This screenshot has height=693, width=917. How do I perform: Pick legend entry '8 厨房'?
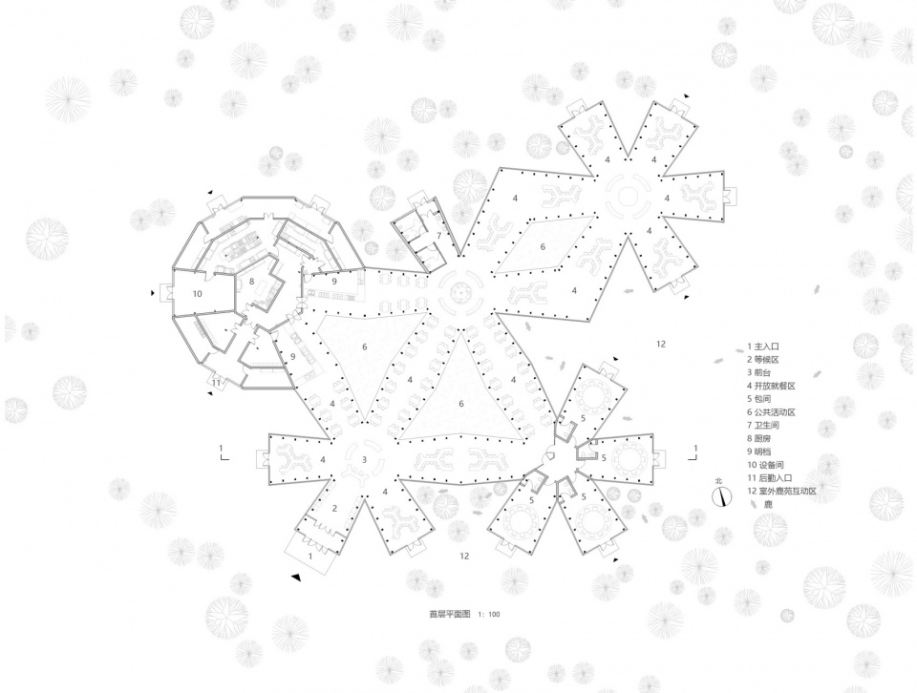[x=759, y=438]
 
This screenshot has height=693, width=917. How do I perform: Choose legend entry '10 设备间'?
[x=765, y=465]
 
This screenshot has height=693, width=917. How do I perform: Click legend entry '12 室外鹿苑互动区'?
[x=781, y=492]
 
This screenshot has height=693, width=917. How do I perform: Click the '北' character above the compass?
[x=718, y=481]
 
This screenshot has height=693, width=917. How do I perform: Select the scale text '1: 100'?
[x=489, y=615]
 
